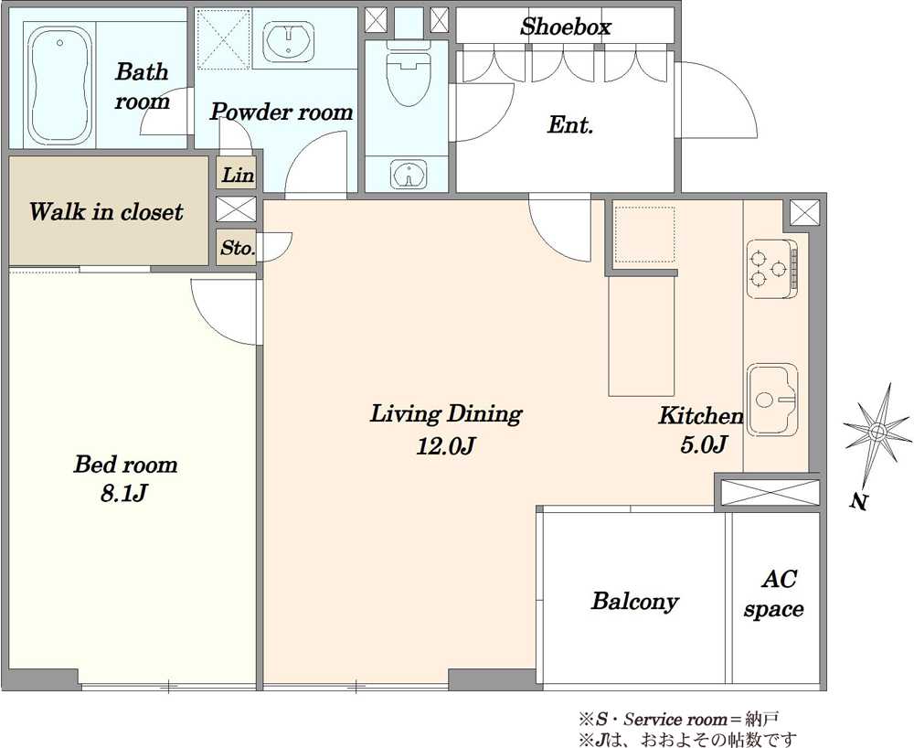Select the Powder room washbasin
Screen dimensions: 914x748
pos(289,41)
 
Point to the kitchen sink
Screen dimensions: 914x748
pos(772,401)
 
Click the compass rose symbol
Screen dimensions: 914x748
pos(877,431)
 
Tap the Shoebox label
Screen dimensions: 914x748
pos(566,27)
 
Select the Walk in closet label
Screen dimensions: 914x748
pos(106,211)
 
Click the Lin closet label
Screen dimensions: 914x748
pos(238,175)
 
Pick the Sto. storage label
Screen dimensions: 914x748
pos(238,248)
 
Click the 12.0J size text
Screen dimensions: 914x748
pos(446,446)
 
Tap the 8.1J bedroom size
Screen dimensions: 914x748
pos(123,494)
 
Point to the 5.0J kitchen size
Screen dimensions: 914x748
pos(703,444)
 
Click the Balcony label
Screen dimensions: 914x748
pos(635,601)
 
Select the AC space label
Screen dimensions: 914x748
pos(774,594)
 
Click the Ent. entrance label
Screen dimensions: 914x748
pos(570,124)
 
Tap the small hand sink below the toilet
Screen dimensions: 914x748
pos(409,173)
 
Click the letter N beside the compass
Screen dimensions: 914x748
pos(857,502)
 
